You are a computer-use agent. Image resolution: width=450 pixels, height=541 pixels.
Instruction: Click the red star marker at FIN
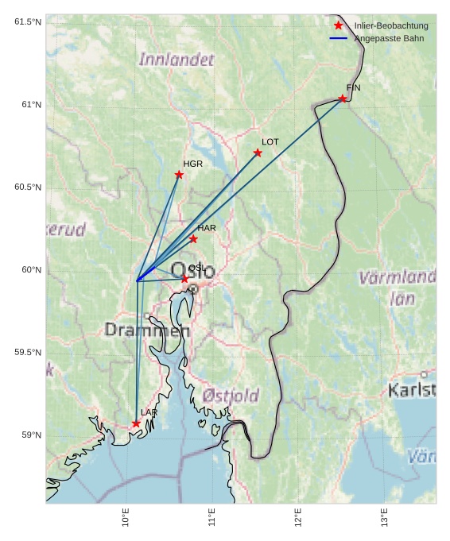[343, 99]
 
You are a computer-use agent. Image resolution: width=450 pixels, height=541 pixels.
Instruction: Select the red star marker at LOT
[258, 153]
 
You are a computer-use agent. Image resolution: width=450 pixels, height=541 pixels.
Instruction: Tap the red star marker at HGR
[179, 175]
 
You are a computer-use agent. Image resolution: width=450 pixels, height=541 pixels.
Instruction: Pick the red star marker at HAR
[193, 239]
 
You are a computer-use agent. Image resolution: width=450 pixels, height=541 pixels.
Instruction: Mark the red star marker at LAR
[136, 423]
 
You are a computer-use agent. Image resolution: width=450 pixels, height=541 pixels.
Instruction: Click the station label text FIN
[353, 87]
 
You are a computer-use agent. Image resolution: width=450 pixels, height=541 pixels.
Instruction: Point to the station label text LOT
[270, 141]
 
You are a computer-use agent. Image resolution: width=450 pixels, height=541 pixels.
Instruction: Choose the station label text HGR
[192, 164]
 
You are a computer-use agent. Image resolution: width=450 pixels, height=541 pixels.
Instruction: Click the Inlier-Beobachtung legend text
[391, 25]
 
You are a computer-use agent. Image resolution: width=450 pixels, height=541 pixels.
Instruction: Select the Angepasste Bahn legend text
[389, 38]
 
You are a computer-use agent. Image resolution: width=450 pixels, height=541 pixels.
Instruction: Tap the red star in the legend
[339, 25]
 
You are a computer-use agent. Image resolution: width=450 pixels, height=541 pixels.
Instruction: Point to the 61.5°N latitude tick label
[28, 21]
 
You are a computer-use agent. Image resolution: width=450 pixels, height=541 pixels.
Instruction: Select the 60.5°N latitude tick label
[28, 187]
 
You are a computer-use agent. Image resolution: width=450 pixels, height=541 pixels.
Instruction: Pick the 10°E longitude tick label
[126, 517]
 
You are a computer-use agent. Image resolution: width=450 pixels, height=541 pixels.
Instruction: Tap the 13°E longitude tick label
[384, 517]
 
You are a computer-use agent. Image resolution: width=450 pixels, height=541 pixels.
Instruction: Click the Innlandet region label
[177, 60]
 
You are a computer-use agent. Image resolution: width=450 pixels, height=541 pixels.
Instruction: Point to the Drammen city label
[147, 330]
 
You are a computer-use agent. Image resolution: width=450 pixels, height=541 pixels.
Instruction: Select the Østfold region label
[231, 395]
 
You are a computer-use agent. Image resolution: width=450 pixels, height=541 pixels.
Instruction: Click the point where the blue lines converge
[138, 280]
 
